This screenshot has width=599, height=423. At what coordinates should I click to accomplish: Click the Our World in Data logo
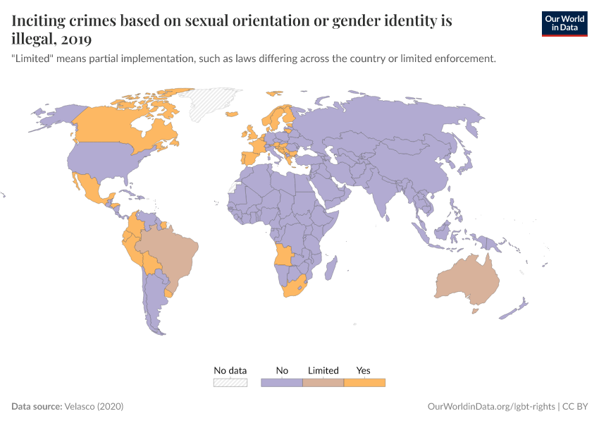(x=564, y=23)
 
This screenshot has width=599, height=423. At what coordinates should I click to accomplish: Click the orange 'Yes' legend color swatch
(x=364, y=382)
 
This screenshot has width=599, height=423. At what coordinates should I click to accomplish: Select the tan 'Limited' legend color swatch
(x=323, y=382)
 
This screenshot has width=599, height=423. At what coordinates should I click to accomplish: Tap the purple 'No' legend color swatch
(x=281, y=382)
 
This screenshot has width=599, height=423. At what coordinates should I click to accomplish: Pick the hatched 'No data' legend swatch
(x=230, y=382)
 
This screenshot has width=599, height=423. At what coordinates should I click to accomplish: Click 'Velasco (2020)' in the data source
(x=94, y=407)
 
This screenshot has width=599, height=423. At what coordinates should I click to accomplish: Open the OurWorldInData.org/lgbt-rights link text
(x=491, y=407)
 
